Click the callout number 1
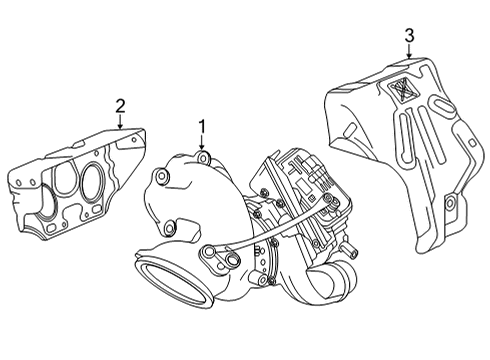click(x=202, y=127)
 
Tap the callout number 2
click(x=120, y=106)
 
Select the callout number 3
click(x=409, y=36)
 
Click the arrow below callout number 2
click(x=120, y=121)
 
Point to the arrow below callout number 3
click(x=409, y=51)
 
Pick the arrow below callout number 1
click(x=201, y=143)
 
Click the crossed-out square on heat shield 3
click(x=402, y=89)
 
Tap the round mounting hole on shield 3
click(x=449, y=203)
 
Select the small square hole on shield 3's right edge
click(x=473, y=142)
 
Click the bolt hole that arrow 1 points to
click(x=203, y=157)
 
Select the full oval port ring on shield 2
click(x=91, y=182)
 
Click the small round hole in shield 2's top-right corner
click(x=135, y=139)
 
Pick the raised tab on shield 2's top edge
click(x=79, y=144)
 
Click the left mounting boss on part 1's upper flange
click(x=162, y=176)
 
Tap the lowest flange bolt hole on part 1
click(x=170, y=228)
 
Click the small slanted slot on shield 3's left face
click(x=350, y=130)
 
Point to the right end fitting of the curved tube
click(x=331, y=201)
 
